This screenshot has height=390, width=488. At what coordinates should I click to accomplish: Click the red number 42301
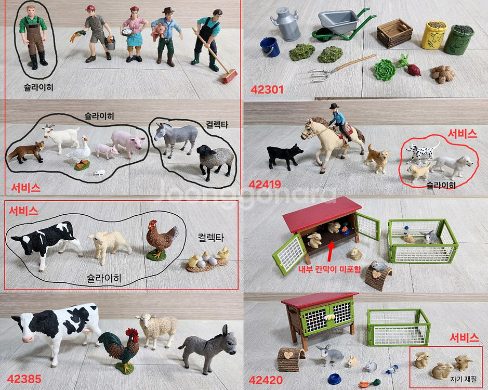click(267, 90)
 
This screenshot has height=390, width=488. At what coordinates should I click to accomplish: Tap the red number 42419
click(265, 185)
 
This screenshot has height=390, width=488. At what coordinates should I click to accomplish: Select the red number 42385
click(24, 379)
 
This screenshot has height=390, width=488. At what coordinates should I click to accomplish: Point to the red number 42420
click(266, 380)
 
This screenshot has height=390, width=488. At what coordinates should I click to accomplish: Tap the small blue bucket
click(270, 47)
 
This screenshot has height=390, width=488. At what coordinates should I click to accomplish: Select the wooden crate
click(394, 33)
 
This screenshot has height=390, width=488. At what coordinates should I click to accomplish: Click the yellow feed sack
click(434, 35)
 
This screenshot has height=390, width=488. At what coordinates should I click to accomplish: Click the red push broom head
click(229, 77)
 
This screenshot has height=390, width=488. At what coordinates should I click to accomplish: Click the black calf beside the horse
click(284, 156)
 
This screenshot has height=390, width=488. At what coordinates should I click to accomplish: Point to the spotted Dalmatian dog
click(423, 151)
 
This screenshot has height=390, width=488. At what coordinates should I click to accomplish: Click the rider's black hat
click(334, 106)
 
